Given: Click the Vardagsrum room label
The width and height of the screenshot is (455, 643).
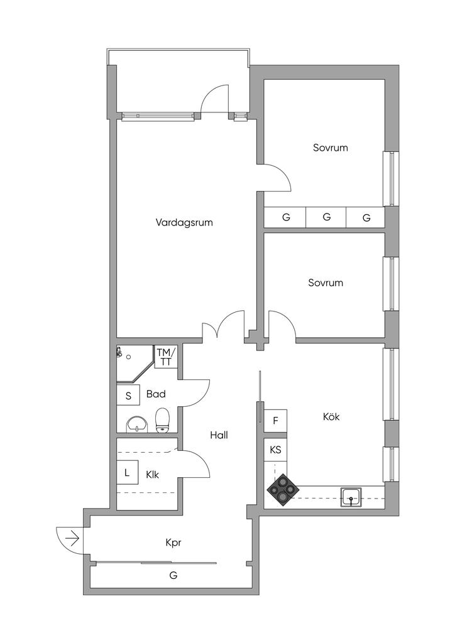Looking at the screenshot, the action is click(x=184, y=223).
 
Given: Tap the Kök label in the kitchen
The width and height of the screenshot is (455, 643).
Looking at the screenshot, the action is click(x=331, y=417).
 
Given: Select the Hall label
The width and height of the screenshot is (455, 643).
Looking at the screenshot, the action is click(x=219, y=435).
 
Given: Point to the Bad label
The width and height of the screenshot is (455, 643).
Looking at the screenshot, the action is click(x=156, y=394).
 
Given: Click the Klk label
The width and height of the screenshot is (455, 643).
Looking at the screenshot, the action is click(x=152, y=475).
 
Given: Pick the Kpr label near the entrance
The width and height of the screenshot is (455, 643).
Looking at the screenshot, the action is click(x=173, y=543).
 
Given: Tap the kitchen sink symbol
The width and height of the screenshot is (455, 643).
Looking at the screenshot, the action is click(x=351, y=497).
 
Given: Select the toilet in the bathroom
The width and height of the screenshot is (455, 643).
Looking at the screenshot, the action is click(x=163, y=420).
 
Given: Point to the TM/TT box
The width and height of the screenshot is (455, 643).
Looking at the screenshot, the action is click(x=166, y=357).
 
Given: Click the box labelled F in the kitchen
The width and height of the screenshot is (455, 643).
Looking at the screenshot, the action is click(x=275, y=421).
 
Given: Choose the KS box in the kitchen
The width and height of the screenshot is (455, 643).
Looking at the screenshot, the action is click(x=275, y=450).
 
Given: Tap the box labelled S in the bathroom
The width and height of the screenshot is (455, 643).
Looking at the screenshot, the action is click(x=128, y=396).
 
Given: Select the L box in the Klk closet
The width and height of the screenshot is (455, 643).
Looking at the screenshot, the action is click(x=127, y=473).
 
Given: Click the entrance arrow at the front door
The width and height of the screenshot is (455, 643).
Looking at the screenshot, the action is click(x=72, y=538).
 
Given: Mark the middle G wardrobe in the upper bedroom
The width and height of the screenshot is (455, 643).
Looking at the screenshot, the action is click(x=326, y=217).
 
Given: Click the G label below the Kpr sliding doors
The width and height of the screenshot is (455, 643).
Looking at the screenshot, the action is click(x=173, y=575).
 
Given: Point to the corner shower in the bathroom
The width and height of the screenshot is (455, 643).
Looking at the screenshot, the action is click(x=134, y=362).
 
